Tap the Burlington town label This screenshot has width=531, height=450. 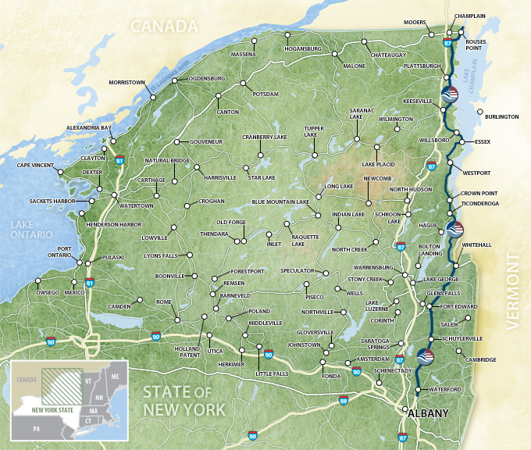[x=501, y=116]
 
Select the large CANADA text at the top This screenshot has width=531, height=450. [x=164, y=27]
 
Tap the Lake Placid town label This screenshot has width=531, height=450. [x=378, y=165]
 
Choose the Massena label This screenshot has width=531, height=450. [x=244, y=55]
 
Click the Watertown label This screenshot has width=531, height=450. [x=136, y=205]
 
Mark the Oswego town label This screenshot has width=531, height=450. [x=48, y=293]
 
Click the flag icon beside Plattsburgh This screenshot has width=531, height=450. [x=450, y=94]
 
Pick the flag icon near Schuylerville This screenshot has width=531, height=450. [x=426, y=356]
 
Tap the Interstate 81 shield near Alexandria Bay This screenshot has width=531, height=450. [x=119, y=159]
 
